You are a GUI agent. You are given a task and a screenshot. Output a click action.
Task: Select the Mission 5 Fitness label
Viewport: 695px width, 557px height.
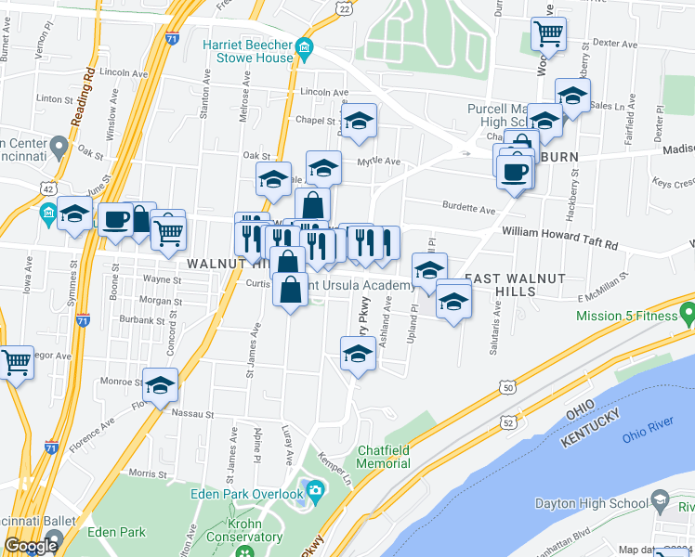click(628, 316)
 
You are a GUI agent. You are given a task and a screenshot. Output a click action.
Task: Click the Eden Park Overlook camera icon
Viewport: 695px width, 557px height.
click(315, 489)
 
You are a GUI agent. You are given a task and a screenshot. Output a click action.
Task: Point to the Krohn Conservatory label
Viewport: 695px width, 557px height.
click(244, 529)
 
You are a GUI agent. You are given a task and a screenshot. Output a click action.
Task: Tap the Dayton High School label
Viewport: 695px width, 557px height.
click(591, 504)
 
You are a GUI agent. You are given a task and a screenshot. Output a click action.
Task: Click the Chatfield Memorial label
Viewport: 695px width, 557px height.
click(384, 457)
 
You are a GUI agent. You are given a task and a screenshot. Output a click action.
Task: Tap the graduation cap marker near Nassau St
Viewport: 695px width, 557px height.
click(160, 384)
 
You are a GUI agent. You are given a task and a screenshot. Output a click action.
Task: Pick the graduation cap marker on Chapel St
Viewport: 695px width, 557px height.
click(358, 120)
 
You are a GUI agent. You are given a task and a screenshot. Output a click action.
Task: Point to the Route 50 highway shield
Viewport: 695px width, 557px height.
click(505, 386)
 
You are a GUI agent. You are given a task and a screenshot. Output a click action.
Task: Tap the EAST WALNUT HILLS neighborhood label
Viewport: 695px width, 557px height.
click(500, 284)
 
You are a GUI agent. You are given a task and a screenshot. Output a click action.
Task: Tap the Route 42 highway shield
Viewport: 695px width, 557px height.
click(47, 188)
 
